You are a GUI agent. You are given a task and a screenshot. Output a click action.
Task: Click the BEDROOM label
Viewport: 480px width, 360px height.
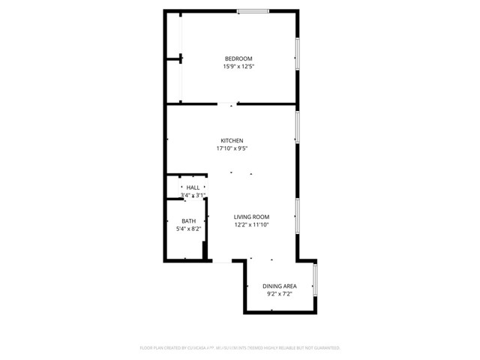pyautogui.click(x=238, y=58)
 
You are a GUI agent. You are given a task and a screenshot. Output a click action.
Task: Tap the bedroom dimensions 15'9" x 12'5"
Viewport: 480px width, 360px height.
pyautogui.click(x=238, y=67)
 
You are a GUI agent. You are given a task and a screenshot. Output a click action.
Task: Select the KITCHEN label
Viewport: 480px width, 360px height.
pyautogui.click(x=232, y=140)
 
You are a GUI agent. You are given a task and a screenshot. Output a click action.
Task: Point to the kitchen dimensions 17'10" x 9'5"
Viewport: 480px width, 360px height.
pyautogui.click(x=232, y=148)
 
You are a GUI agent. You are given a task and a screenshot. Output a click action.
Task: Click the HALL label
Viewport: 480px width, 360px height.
pyautogui.click(x=193, y=187)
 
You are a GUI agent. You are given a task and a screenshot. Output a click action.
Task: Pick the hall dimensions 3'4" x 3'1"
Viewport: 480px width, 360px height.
pyautogui.click(x=193, y=195)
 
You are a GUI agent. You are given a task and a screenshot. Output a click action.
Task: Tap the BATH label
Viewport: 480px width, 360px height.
pyautogui.click(x=189, y=220)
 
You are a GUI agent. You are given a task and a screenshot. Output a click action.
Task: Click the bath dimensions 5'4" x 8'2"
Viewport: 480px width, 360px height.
pyautogui.click(x=189, y=228)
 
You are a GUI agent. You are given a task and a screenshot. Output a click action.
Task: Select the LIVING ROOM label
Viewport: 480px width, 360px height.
pyautogui.click(x=250, y=217)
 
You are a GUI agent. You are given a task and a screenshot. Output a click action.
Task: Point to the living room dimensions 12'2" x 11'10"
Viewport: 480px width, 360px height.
pyautogui.click(x=250, y=224)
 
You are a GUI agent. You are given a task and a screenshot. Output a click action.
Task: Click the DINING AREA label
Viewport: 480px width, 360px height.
pyautogui.click(x=279, y=286)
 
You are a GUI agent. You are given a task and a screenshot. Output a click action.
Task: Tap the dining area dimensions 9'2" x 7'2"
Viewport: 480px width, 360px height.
pyautogui.click(x=279, y=294)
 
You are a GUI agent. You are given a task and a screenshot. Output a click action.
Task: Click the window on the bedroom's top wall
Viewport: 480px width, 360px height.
pyautogui.click(x=253, y=10)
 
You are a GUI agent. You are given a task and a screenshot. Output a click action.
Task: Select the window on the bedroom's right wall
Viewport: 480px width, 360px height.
pyautogui.click(x=297, y=56)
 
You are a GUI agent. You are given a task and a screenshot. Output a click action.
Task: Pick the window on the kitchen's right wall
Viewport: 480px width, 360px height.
pyautogui.click(x=297, y=127)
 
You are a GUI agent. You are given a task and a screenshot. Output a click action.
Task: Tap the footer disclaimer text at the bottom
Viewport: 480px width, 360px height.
pyautogui.click(x=240, y=348)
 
